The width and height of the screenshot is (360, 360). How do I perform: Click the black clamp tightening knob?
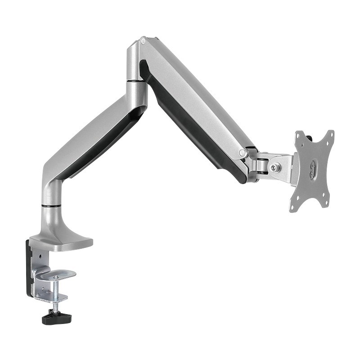[x=56, y=318]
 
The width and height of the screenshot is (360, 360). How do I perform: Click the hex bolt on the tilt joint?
[x=274, y=167]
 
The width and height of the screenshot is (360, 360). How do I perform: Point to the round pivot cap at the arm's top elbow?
[x=143, y=41]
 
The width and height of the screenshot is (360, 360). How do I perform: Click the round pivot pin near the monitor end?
[x=243, y=153]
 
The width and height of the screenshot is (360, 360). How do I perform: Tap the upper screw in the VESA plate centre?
[x=312, y=166]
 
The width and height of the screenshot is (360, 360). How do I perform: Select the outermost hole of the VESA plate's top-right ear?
[x=331, y=133]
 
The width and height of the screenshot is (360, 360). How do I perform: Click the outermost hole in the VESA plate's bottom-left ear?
[x=292, y=209]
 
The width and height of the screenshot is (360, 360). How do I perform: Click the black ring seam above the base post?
[x=52, y=206]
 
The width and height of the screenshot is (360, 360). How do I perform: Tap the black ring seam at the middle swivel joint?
[x=136, y=81]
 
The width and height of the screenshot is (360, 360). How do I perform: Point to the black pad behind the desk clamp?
[x=29, y=270]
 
